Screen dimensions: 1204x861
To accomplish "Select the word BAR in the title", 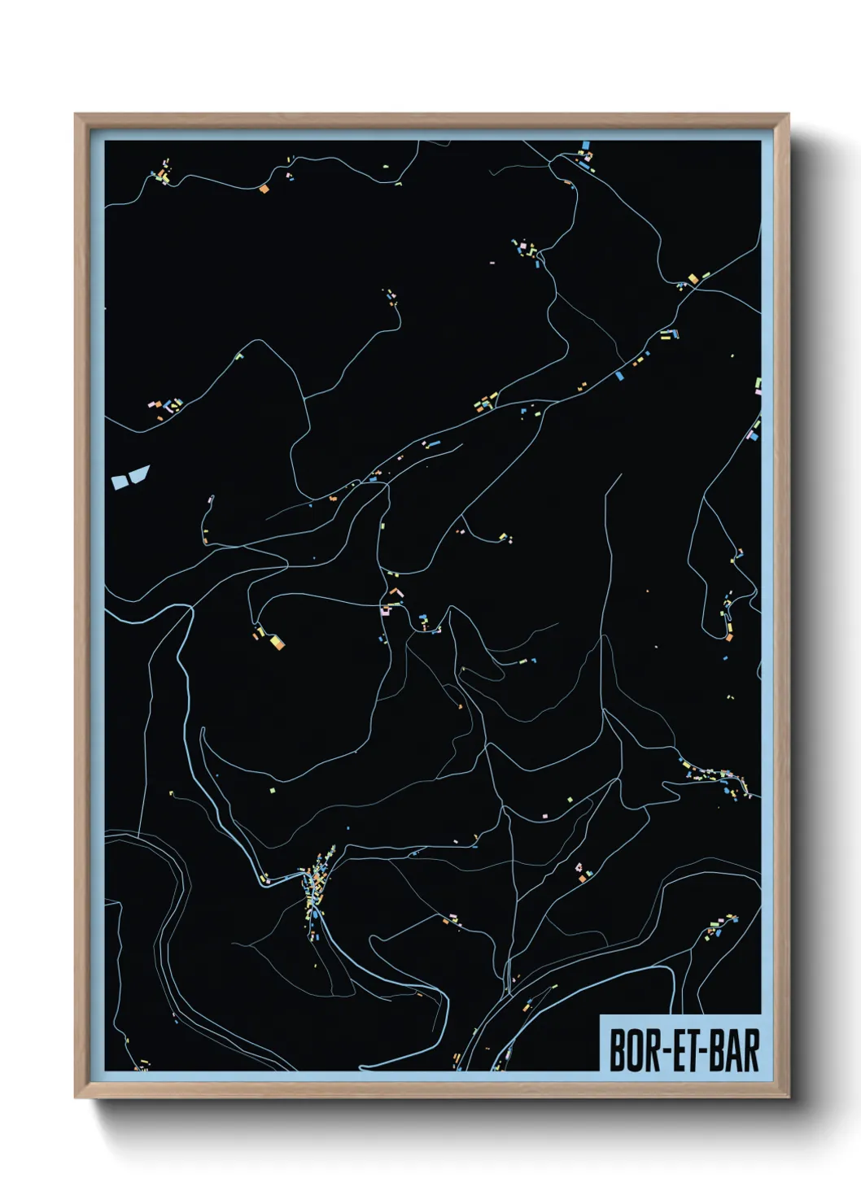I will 734,1051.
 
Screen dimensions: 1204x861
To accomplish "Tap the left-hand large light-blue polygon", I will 120,482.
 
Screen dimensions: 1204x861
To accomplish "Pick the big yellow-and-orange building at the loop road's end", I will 277,643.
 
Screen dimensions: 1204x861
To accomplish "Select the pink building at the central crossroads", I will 386,609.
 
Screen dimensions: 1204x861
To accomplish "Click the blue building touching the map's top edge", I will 584,147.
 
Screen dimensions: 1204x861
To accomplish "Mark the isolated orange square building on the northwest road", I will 264,189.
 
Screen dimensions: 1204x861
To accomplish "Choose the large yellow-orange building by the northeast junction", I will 693,279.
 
